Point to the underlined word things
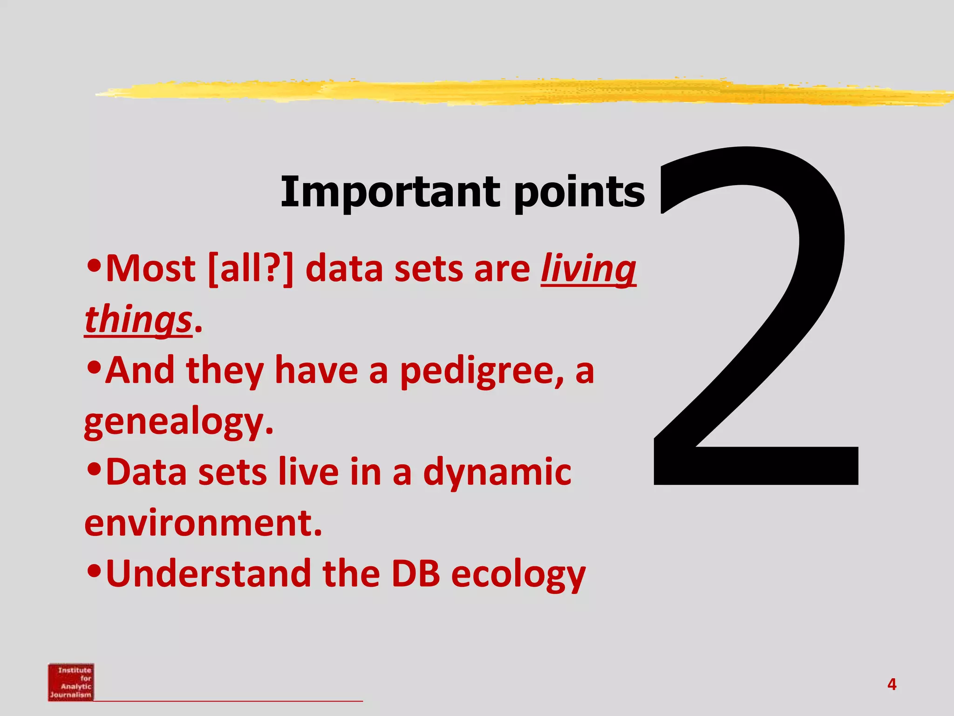138,321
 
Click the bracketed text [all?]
251,269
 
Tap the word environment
203,523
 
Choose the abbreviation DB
416,574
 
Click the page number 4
892,684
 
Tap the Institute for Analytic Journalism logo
71,682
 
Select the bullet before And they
94,368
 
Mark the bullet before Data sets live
94,469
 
